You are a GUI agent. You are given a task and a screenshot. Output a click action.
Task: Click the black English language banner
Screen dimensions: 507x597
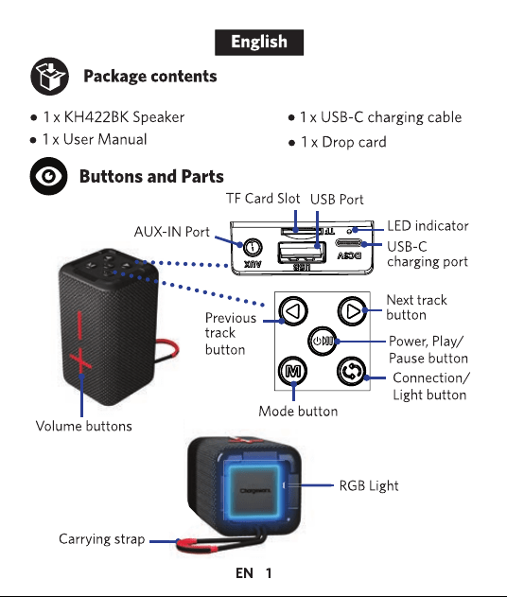click(x=259, y=43)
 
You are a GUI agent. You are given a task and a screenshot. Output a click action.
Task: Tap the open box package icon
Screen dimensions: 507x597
click(x=50, y=76)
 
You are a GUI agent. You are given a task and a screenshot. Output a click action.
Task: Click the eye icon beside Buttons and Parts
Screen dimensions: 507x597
click(x=49, y=176)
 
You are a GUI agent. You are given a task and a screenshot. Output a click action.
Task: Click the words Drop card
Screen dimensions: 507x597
click(x=354, y=142)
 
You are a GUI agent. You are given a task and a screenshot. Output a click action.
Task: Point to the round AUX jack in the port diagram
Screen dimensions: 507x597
click(x=252, y=248)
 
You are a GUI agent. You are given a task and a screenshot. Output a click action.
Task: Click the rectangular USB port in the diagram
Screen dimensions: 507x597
click(x=302, y=253)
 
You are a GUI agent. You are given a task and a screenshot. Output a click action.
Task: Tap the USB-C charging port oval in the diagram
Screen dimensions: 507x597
click(x=348, y=243)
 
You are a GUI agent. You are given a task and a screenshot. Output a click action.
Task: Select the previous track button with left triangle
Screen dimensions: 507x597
click(x=293, y=311)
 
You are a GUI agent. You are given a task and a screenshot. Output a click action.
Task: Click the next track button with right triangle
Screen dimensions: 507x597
click(x=353, y=311)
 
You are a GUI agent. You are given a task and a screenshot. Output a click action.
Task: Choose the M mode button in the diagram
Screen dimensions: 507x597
click(x=292, y=371)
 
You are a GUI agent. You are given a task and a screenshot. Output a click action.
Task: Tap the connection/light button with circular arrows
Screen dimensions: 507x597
click(x=352, y=372)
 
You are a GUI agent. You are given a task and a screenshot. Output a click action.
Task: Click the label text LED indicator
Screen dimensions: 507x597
click(x=428, y=226)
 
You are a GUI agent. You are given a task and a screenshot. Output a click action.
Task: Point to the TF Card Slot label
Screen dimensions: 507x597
click(x=263, y=199)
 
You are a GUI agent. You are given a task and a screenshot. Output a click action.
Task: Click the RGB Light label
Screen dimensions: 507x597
click(x=369, y=485)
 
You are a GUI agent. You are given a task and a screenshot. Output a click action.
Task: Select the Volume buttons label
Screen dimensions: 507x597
click(x=84, y=426)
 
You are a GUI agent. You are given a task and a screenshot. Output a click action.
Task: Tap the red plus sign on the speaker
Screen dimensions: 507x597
click(x=80, y=361)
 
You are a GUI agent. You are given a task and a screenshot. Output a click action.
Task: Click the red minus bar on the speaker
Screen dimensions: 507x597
click(x=79, y=325)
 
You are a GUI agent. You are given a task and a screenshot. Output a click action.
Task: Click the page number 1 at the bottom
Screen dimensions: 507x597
click(x=269, y=573)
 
